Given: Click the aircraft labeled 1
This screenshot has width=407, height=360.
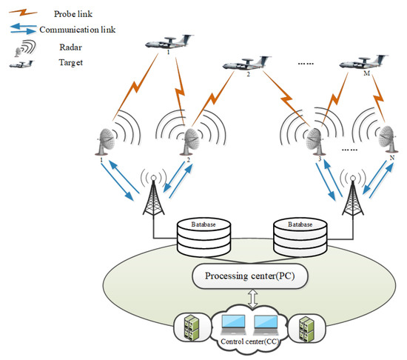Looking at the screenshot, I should [169, 42].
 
